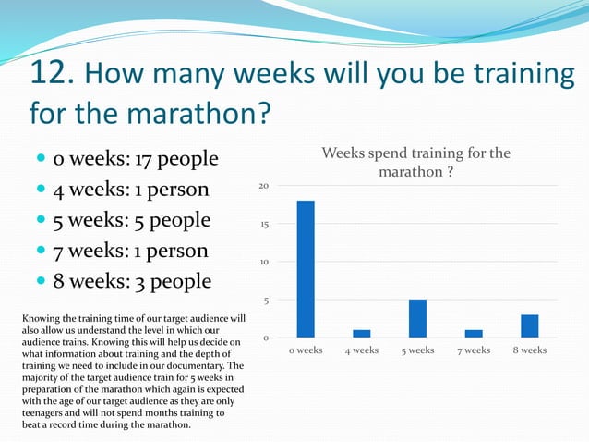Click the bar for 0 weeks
306,269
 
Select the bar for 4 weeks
362,334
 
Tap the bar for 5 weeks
417,319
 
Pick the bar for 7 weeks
474,334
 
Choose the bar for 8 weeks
529,326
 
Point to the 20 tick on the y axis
263,186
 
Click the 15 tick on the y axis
263,224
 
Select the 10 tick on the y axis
263,262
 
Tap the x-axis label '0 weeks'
306,350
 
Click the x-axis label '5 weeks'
417,350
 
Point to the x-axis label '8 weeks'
529,350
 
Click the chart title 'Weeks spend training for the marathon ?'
415,163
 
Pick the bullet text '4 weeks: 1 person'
131,190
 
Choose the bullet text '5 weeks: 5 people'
132,221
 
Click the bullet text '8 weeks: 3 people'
132,281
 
